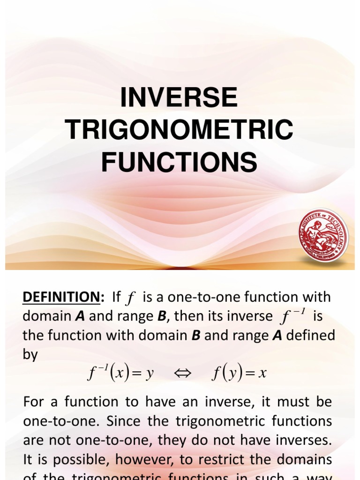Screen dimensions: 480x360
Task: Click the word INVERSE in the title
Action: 180,98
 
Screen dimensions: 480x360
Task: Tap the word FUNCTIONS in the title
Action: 180,162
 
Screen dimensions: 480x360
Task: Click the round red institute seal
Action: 323,235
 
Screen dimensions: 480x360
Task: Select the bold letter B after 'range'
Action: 162,316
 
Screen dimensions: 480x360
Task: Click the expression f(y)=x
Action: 239,374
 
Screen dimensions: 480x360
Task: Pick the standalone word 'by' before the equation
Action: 30,354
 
